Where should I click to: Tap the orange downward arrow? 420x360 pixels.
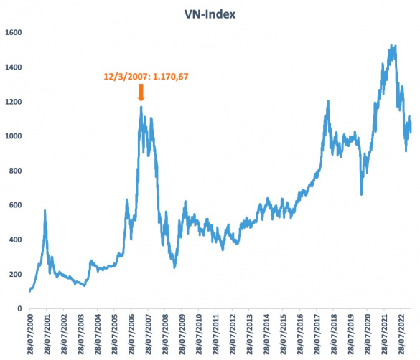[x=141, y=92]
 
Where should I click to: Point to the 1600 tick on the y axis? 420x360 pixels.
[x=14, y=33]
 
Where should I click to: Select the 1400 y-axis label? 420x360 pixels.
[x=14, y=67]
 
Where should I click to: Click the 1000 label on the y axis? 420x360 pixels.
[x=14, y=136]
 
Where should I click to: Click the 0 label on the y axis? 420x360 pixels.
[x=20, y=309]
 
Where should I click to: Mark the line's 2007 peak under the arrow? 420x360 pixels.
[x=141, y=108]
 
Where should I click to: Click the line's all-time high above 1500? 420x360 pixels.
[x=394, y=45]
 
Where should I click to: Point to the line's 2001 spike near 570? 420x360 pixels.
[x=45, y=211]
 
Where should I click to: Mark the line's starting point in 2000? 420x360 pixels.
[x=30, y=291]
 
